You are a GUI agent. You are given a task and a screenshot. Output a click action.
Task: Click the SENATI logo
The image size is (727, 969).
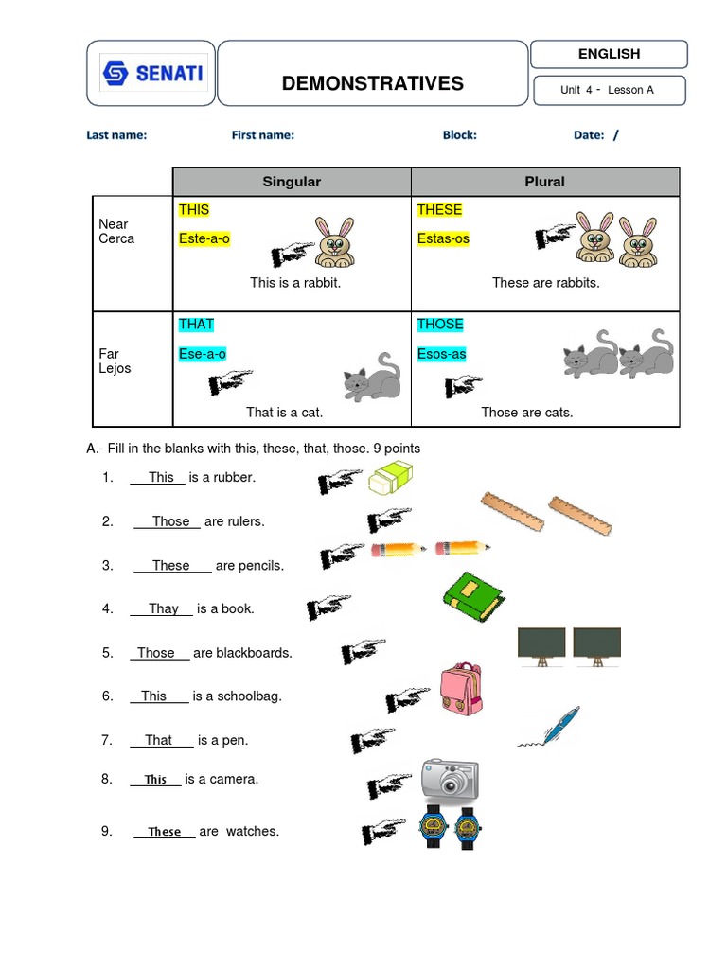coord(152,73)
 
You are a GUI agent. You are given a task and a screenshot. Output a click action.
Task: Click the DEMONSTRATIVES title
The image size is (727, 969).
coord(372,83)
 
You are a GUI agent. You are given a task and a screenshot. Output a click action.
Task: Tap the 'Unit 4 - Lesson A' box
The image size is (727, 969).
coord(607,90)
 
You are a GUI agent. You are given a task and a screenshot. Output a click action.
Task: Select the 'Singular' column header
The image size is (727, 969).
coord(292,182)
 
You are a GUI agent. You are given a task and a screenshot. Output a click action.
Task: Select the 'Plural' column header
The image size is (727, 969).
coord(544,182)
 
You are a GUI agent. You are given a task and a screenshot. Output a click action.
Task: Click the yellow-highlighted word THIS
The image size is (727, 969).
coord(194,209)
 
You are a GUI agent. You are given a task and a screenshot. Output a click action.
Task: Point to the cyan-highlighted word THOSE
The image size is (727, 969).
coord(440,324)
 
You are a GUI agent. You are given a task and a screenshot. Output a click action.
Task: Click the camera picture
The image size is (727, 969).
coord(450,780)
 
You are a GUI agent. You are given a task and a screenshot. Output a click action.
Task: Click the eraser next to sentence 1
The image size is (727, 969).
coord(391,478)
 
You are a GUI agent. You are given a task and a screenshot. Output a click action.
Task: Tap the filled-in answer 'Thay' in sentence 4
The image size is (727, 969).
coord(163,608)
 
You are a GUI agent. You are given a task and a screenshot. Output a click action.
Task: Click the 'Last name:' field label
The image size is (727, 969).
coord(116,134)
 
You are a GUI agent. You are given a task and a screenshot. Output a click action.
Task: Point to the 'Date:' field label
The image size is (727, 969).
coord(588,134)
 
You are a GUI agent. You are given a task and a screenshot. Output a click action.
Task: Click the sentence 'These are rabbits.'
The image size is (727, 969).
coord(545,282)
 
